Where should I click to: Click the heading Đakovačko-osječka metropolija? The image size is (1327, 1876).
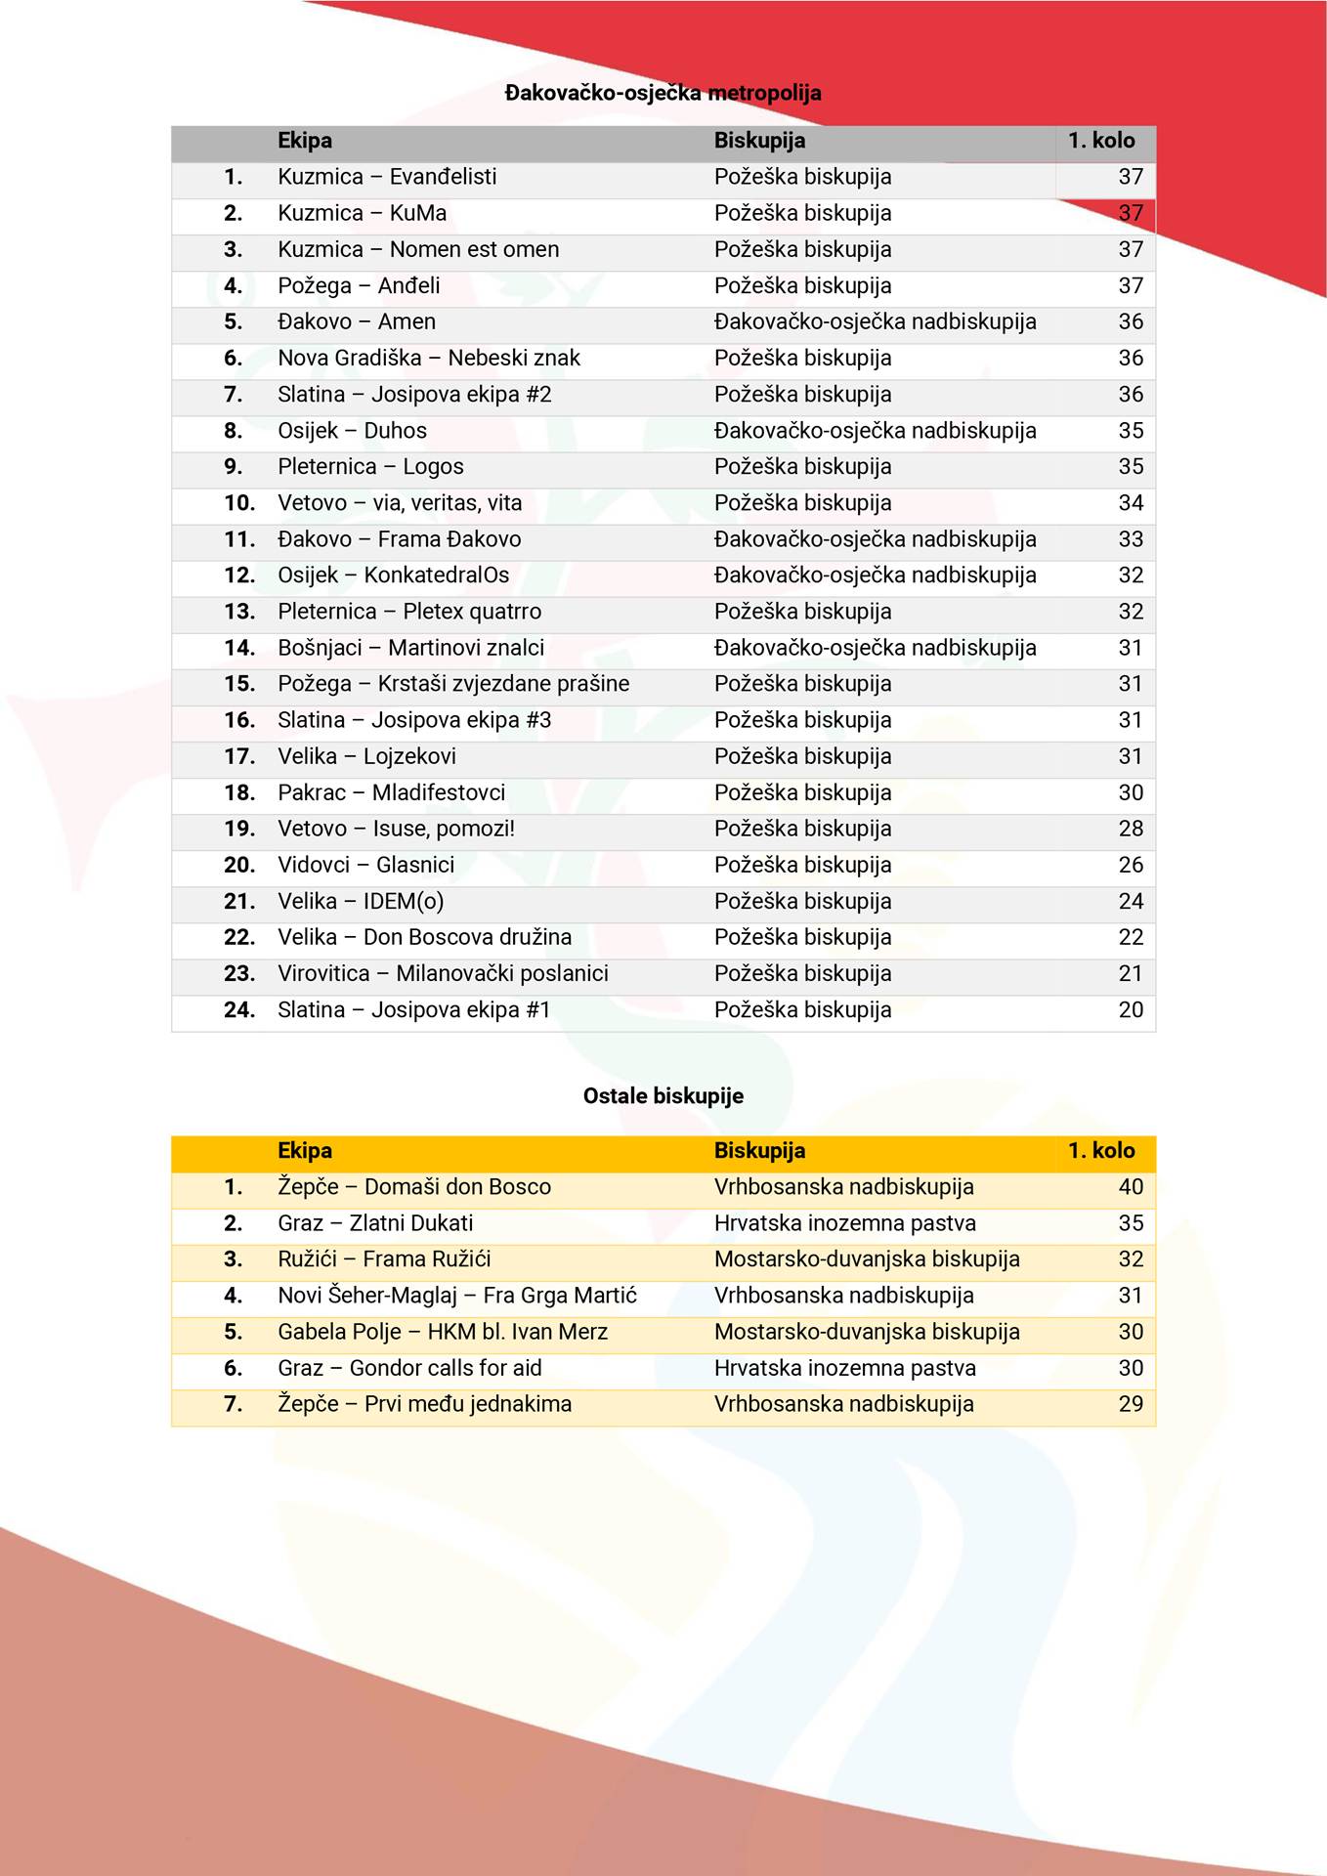[663, 93]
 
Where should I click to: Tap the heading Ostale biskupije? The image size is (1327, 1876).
[663, 1095]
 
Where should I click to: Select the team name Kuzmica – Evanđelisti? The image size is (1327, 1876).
[387, 177]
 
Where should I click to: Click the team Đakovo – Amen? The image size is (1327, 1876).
[357, 321]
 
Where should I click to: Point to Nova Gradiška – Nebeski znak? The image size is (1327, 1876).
[429, 358]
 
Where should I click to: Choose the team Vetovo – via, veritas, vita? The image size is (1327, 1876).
[400, 502]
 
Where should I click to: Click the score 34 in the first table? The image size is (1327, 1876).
[1130, 502]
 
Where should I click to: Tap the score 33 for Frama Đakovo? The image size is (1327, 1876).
[1130, 538]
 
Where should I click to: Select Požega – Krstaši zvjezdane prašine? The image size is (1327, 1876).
[453, 683]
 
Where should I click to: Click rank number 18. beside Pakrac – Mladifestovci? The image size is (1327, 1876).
[239, 792]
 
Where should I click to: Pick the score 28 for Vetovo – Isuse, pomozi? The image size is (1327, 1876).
[1130, 829]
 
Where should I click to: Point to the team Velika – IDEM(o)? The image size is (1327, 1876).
[361, 901]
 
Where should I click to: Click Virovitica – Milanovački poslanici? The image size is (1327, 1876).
[443, 973]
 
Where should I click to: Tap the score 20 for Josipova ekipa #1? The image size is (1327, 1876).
[1130, 1009]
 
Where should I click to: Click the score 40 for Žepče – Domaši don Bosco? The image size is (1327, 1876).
[1130, 1186]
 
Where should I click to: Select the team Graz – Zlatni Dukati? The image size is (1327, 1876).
[375, 1222]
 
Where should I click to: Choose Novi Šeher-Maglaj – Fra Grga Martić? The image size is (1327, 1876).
[457, 1295]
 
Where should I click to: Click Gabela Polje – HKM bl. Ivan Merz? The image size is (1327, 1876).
[443, 1331]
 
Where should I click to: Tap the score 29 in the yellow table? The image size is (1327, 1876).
[1130, 1403]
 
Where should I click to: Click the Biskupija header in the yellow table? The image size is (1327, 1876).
[759, 1150]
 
